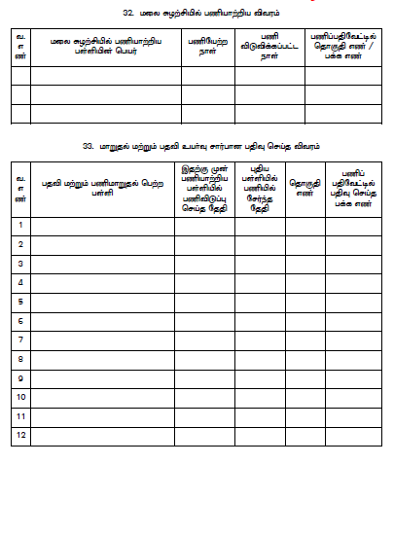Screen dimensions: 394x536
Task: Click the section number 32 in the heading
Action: tap(128, 13)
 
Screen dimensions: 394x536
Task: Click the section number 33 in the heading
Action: tap(88, 146)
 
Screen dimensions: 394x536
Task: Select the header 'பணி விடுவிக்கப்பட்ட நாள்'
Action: tap(269, 47)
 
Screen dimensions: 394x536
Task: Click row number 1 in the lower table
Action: tap(21, 226)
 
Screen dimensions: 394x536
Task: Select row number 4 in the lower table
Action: tap(21, 282)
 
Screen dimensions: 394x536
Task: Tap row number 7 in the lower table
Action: tap(21, 339)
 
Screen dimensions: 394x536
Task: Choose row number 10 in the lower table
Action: tap(21, 397)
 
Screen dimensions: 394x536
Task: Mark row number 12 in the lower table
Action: tap(21, 435)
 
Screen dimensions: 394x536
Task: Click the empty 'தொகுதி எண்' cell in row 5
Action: tap(305, 302)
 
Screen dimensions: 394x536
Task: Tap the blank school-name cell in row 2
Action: tap(103, 244)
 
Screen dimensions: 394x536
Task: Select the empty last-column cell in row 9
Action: tap(353, 377)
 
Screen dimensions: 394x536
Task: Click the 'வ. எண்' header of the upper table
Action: tap(20, 47)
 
